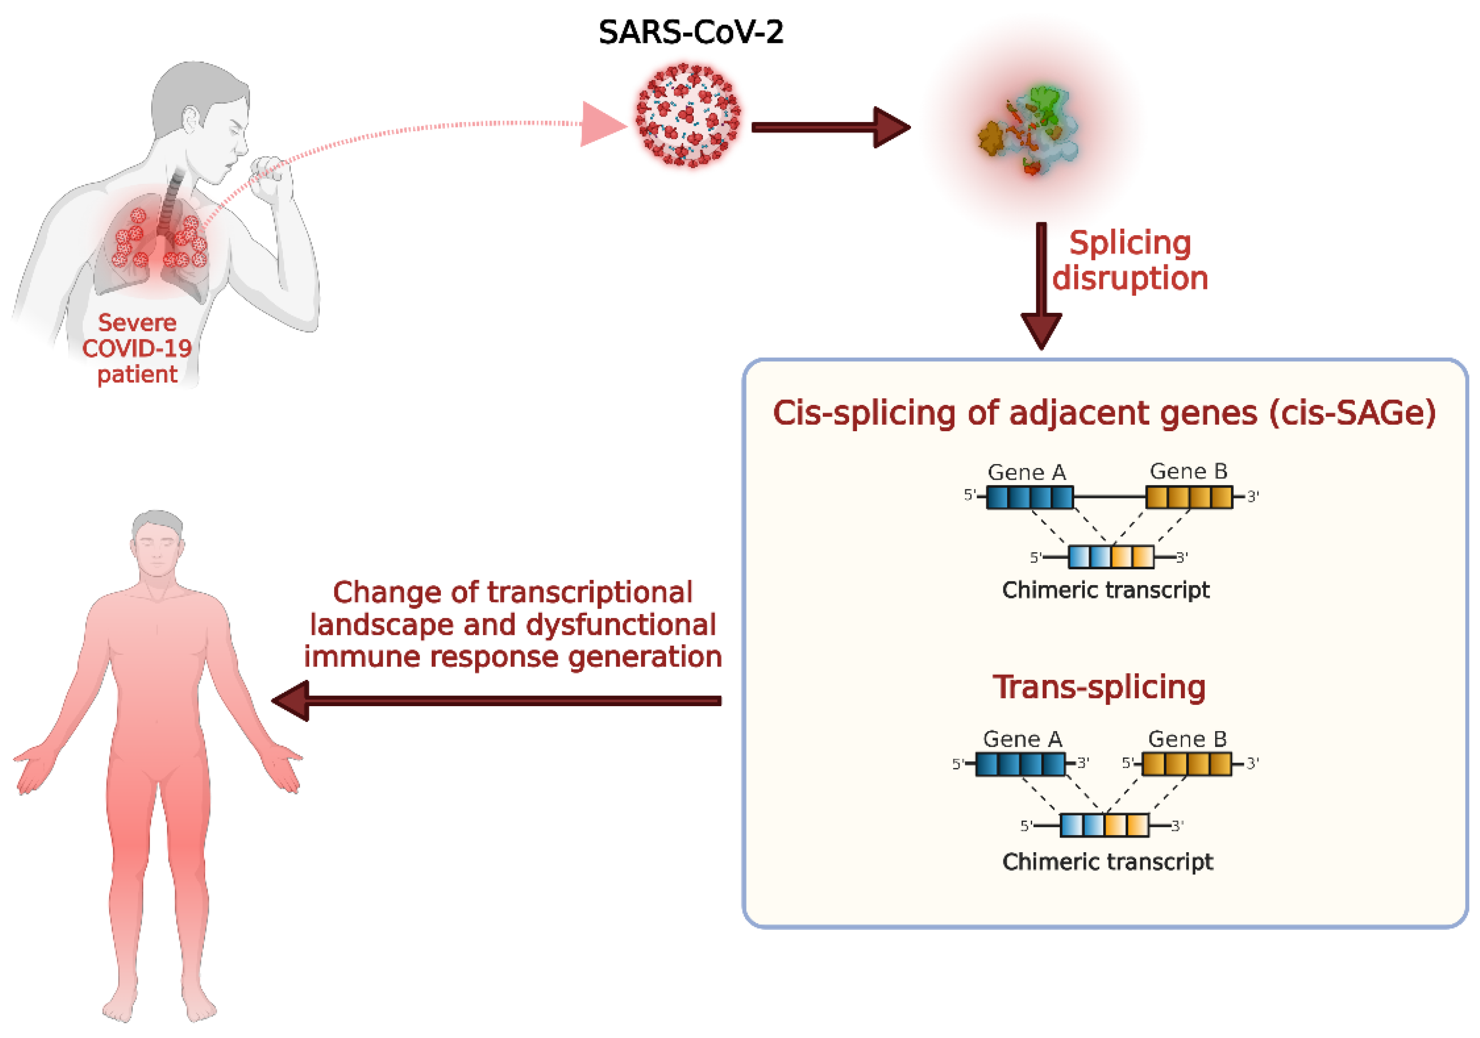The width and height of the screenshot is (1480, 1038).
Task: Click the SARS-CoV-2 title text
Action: coord(691,32)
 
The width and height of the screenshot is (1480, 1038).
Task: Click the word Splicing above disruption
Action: coord(1129,244)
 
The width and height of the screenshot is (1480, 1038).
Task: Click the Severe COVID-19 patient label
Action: coord(137,348)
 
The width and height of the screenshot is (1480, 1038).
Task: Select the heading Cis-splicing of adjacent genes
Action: coord(1104,413)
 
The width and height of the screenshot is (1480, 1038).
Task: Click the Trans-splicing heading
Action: coord(1099,687)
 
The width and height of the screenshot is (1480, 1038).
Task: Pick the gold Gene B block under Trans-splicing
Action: coord(1186,764)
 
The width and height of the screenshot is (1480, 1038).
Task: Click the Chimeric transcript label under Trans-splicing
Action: coord(1107,861)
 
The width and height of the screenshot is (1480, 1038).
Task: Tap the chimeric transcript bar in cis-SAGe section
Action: coord(1111,556)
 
